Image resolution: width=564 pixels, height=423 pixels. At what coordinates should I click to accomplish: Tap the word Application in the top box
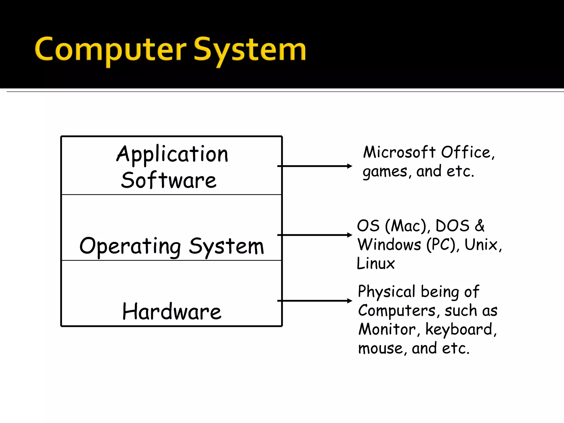[x=172, y=154]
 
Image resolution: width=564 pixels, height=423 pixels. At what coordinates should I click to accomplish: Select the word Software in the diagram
[x=169, y=180]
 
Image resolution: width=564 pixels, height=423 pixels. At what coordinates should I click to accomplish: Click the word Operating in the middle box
[x=130, y=246]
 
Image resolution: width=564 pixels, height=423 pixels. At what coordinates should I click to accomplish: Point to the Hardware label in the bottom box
[x=172, y=311]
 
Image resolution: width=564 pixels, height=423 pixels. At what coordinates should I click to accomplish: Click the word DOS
[x=452, y=226]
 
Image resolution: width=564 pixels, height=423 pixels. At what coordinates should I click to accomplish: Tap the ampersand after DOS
[x=479, y=226]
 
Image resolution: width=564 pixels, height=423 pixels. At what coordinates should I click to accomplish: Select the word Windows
[x=389, y=245]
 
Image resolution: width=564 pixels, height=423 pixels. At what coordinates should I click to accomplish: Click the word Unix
[x=481, y=245]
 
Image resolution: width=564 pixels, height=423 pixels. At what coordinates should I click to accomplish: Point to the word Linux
[x=376, y=263]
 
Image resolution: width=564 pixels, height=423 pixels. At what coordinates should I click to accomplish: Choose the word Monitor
[x=387, y=329]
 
